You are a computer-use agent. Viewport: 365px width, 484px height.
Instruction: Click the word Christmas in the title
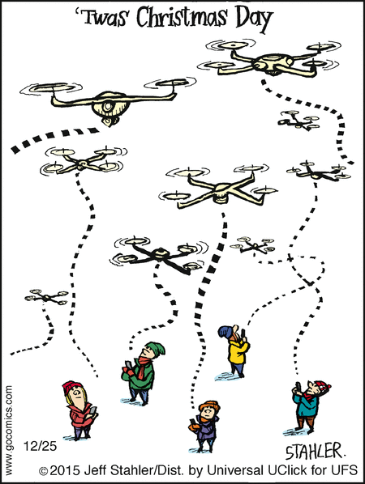pyautogui.click(x=182, y=17)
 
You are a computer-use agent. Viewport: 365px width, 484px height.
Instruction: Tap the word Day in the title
pyautogui.click(x=255, y=19)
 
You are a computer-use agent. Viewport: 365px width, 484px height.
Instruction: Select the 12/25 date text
pyautogui.click(x=41, y=446)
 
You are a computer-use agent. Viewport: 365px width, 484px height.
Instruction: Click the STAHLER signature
pyautogui.click(x=314, y=452)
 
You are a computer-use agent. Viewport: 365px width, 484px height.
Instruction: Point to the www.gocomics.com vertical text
pyautogui.click(x=9, y=430)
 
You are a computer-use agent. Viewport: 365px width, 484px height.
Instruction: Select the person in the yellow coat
pyautogui.click(x=236, y=351)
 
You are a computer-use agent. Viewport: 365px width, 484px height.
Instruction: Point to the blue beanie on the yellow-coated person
pyautogui.click(x=225, y=332)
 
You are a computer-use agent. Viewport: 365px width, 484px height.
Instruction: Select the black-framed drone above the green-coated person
pyautogui.click(x=159, y=255)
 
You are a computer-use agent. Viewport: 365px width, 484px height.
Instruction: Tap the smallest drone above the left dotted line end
pyautogui.click(x=46, y=296)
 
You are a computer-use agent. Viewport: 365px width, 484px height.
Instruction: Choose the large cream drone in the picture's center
pyautogui.click(x=219, y=188)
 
